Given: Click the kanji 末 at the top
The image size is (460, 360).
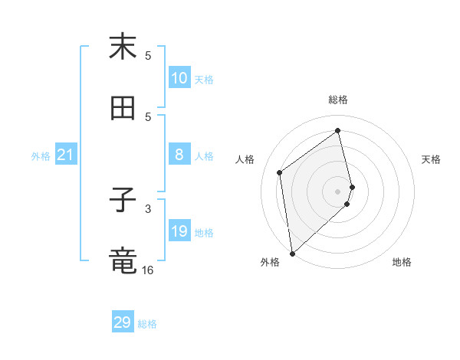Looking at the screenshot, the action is pyautogui.click(x=123, y=47).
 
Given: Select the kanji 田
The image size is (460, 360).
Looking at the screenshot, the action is pyautogui.click(x=123, y=110).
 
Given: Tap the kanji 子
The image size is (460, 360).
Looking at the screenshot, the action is pyautogui.click(x=123, y=201).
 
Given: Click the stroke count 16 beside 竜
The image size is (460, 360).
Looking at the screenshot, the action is pyautogui.click(x=148, y=270).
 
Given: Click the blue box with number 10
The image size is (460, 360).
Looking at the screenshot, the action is pyautogui.click(x=179, y=78).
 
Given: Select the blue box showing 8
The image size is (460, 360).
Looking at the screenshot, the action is pyautogui.click(x=179, y=155).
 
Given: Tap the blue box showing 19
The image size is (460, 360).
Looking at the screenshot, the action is pyautogui.click(x=179, y=231).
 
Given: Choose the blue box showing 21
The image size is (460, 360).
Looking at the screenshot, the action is pyautogui.click(x=66, y=155).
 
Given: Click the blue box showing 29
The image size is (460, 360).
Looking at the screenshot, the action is pyautogui.click(x=123, y=322).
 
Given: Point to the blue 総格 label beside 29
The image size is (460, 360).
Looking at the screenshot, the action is pyautogui.click(x=147, y=324).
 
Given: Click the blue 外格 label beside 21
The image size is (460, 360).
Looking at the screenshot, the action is pyautogui.click(x=41, y=156).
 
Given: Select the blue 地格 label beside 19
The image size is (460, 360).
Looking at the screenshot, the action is pyautogui.click(x=204, y=233).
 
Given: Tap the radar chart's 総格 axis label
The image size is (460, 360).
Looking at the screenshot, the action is pyautogui.click(x=338, y=100).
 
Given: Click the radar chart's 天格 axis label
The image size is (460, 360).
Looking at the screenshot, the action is pyautogui.click(x=431, y=159).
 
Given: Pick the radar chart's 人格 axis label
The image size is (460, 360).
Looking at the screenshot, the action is pyautogui.click(x=245, y=159).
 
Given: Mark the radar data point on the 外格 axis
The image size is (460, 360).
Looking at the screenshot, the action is pyautogui.click(x=292, y=253).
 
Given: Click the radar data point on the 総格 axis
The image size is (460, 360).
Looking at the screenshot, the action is pyautogui.click(x=338, y=130).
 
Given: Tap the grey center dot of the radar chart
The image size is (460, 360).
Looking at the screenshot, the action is pyautogui.click(x=338, y=191).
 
